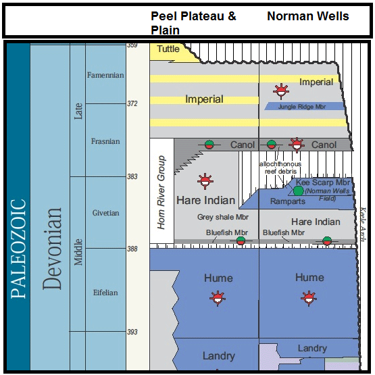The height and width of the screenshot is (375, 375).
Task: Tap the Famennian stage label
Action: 105,75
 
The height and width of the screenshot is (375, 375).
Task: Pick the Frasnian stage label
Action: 105,141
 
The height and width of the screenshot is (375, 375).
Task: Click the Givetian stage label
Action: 105,213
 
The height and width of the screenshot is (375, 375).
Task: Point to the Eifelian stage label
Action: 105,293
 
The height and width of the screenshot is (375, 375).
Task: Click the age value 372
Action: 132,103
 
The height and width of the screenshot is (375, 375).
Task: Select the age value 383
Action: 132,176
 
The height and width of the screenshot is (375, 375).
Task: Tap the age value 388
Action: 132,249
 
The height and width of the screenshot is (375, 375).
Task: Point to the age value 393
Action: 132,332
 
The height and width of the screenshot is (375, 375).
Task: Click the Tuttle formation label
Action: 168,49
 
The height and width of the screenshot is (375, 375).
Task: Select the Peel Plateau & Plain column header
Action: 193,22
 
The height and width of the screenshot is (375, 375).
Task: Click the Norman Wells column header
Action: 307,16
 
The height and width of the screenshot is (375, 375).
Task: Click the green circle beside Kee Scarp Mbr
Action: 298,191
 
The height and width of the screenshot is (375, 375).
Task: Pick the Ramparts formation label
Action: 288,201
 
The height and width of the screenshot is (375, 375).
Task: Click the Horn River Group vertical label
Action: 161,193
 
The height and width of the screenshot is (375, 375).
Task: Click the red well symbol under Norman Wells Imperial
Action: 280,91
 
